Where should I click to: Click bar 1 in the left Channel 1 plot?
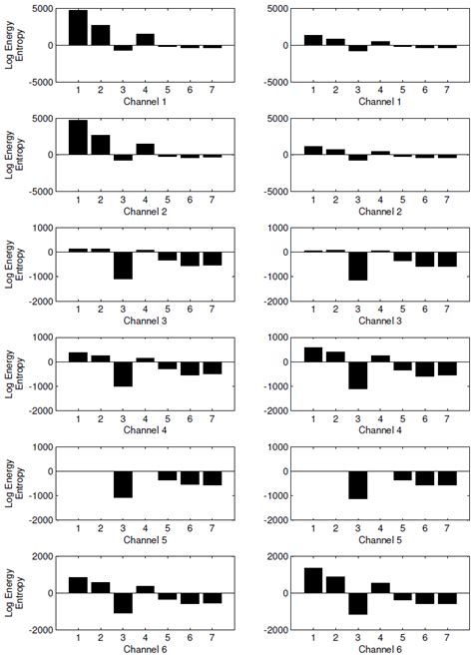[x=78, y=27]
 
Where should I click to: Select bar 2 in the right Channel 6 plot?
[x=335, y=584]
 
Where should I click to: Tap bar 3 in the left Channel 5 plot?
[x=123, y=483]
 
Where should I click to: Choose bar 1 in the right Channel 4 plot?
[x=312, y=354]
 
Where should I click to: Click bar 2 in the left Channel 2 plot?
[x=101, y=145]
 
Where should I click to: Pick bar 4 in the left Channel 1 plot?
[x=145, y=39]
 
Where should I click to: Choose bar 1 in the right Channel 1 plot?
[x=312, y=40]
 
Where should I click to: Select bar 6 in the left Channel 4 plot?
[x=189, y=367]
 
